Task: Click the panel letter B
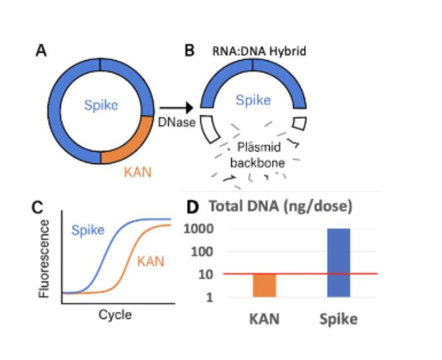[190, 51]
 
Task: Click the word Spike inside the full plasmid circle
[101, 105]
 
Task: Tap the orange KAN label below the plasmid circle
[137, 172]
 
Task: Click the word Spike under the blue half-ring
[253, 101]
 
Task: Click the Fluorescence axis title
[45, 259]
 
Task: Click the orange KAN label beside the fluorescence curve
[150, 262]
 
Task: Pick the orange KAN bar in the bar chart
[265, 285]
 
